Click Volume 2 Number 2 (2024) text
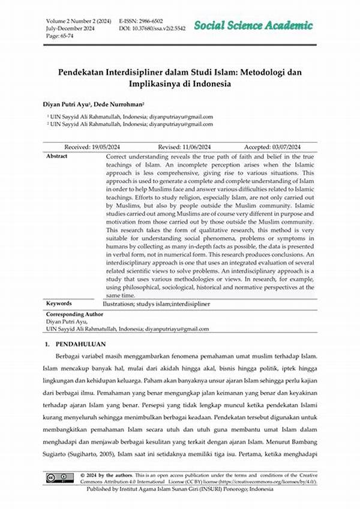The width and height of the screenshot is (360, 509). [x=79, y=20]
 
